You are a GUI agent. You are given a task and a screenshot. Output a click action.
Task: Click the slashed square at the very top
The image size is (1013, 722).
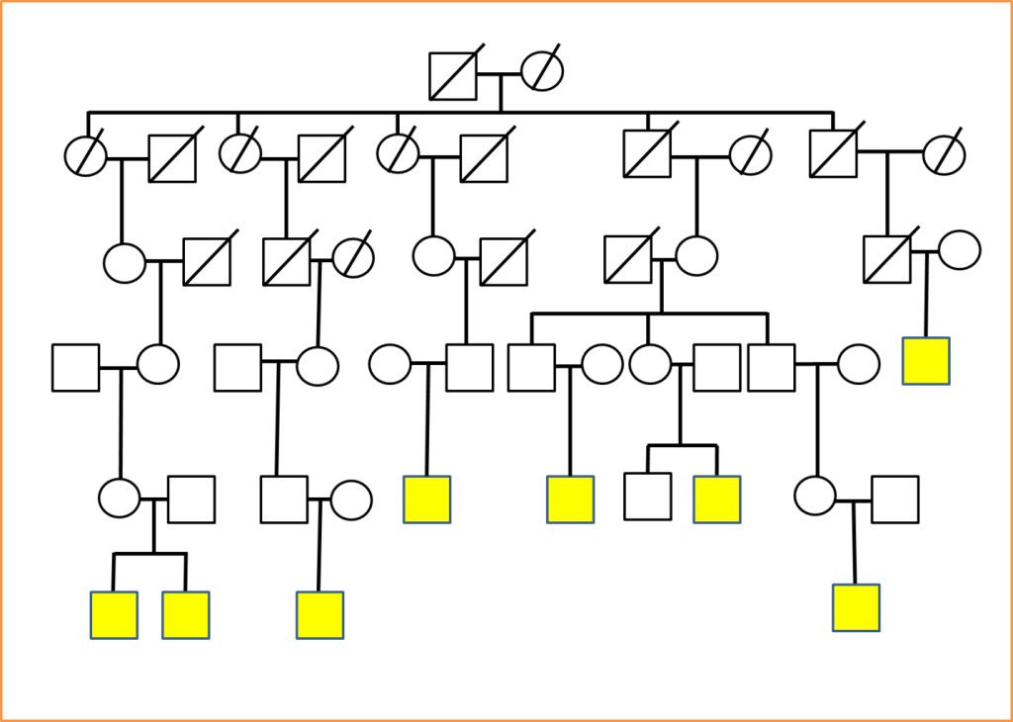tap(453, 76)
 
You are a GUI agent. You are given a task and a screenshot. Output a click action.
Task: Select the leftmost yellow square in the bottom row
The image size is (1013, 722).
tap(114, 615)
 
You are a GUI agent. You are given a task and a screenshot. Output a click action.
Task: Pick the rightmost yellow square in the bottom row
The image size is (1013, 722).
tap(856, 607)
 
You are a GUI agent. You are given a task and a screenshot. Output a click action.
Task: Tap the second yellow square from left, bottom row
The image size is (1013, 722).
tap(186, 615)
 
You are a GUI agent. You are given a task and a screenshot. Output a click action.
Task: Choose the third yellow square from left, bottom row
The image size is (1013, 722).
tap(320, 615)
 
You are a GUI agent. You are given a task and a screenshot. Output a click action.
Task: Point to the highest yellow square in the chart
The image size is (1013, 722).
tap(926, 361)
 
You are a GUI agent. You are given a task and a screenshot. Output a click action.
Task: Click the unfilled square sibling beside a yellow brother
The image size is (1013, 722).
tap(648, 496)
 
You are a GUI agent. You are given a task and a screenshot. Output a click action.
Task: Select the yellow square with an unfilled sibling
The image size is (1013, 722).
tap(717, 499)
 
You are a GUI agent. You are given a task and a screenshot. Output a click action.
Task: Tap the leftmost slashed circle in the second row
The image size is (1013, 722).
tap(85, 156)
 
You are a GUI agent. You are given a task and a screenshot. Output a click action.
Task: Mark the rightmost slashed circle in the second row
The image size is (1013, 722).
tap(944, 154)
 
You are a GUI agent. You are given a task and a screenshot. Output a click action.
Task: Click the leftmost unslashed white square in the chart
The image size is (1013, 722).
tap(76, 368)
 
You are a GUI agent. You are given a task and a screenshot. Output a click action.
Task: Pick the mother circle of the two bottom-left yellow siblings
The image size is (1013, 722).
tap(120, 497)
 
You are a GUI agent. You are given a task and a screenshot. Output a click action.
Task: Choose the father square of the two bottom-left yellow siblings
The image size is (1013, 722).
tap(192, 499)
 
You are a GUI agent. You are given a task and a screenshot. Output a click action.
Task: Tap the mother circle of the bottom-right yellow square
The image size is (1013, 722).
tap(815, 496)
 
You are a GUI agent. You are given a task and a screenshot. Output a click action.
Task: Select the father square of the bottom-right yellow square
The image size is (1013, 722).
tap(895, 499)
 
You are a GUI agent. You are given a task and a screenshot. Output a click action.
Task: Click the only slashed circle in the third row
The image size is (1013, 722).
tap(353, 258)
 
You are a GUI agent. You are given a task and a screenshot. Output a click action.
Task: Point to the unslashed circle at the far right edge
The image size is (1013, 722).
tap(959, 250)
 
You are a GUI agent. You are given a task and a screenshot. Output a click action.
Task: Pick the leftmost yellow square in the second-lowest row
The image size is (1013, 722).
tap(427, 499)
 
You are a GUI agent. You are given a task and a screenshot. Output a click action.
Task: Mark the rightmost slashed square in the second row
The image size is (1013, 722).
tap(833, 154)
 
